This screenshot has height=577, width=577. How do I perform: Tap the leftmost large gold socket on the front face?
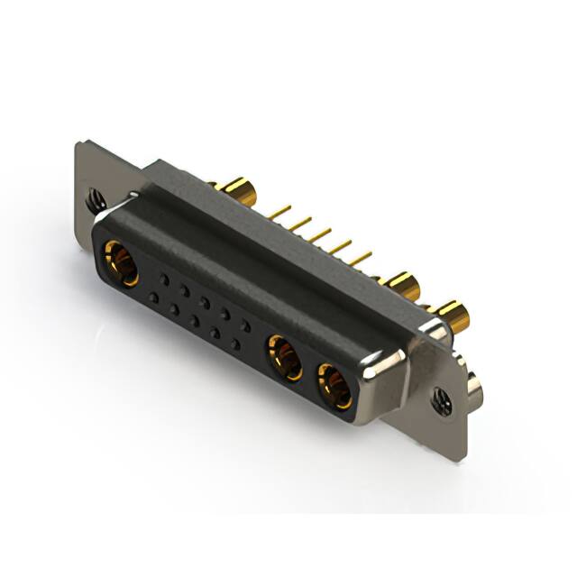[x=120, y=262]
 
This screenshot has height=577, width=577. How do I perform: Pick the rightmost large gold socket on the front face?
[x=334, y=386]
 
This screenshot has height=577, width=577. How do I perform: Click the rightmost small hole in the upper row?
[x=246, y=327]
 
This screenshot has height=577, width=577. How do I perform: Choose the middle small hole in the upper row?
[x=205, y=303]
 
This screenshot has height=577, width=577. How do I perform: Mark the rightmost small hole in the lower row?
[x=235, y=344]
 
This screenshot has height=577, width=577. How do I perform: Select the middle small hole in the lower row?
[x=194, y=321]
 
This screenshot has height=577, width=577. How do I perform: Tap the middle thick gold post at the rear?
[x=402, y=286]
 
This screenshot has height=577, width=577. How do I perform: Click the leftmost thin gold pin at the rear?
[x=279, y=213]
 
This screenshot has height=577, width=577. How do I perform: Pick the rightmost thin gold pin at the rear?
[x=360, y=260]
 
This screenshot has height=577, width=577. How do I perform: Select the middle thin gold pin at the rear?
[x=319, y=236]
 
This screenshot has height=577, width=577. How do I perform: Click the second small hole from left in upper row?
[x=184, y=291]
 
